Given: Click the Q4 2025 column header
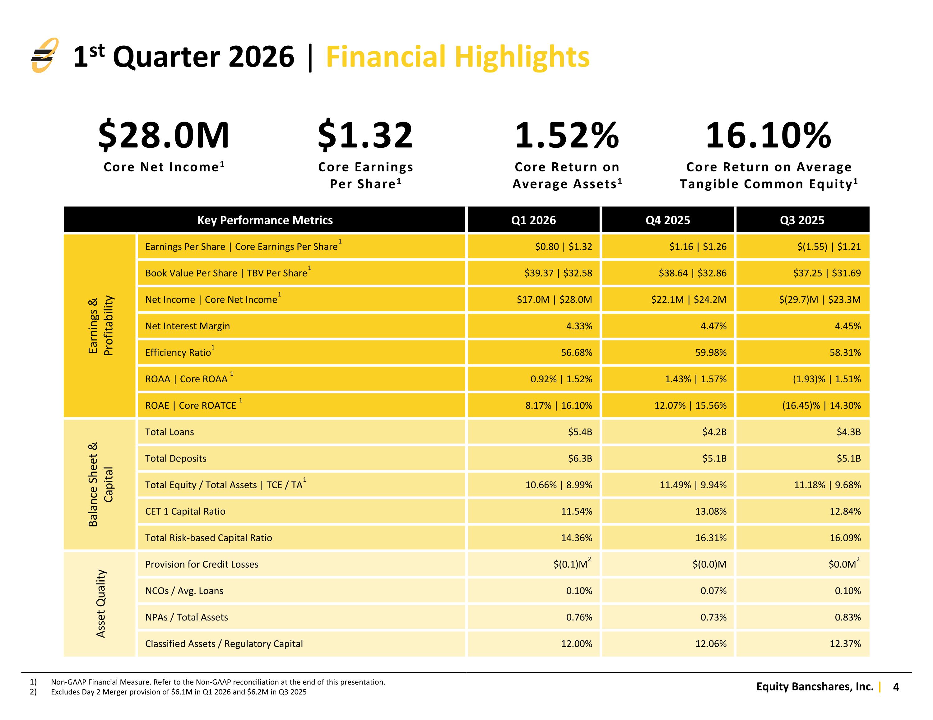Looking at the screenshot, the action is click(668, 220).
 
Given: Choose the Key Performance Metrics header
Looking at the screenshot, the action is click(265, 220).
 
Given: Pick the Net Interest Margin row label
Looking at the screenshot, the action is click(188, 326).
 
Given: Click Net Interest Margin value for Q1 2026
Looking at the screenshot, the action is click(579, 326).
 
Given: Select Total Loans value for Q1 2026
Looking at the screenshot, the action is click(580, 432).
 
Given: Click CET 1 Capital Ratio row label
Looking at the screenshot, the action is click(185, 512).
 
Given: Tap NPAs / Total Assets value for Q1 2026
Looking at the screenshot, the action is click(579, 617).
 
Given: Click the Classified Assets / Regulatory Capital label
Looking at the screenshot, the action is click(224, 644).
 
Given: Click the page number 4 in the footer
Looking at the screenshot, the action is click(896, 687).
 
